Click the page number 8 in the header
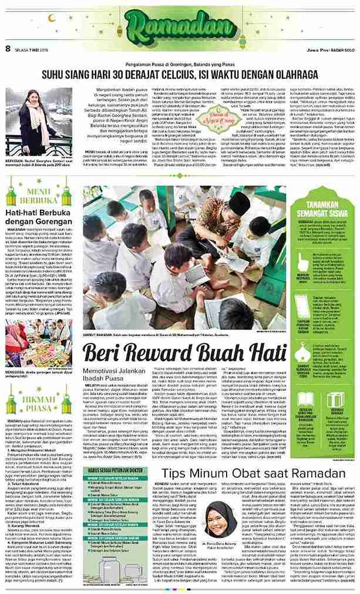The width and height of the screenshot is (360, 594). coord(8,49)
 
